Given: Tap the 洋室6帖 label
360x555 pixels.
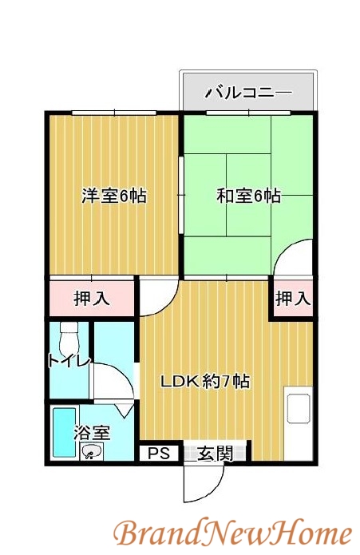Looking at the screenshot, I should point(114,196).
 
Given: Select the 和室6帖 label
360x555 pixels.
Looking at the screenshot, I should point(249,196).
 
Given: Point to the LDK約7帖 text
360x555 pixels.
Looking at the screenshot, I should point(206,382).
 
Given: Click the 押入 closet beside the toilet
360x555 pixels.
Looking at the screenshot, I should point(93,299).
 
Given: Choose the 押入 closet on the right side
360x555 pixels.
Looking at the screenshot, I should point(292,299).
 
